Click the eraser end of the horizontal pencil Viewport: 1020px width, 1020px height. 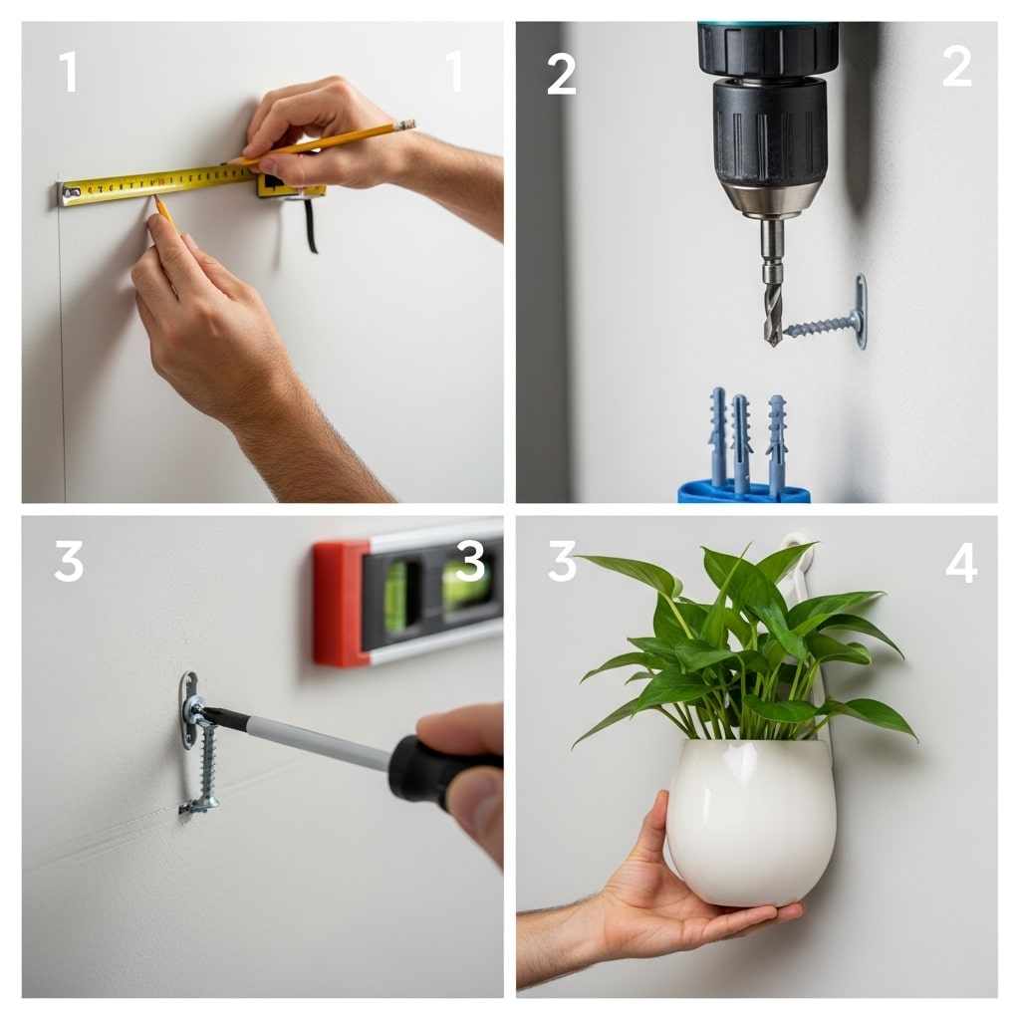point(406,126)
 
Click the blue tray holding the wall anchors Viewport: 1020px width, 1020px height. point(742,491)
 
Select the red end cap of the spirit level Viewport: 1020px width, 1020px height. point(339,603)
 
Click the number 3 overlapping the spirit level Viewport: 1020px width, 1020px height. point(469,563)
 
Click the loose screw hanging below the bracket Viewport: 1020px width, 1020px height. point(206,767)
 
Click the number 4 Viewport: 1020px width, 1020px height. point(960,563)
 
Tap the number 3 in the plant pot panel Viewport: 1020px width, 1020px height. point(562,563)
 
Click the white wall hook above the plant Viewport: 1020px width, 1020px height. point(797,546)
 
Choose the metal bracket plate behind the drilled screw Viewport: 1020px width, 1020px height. point(860,311)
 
